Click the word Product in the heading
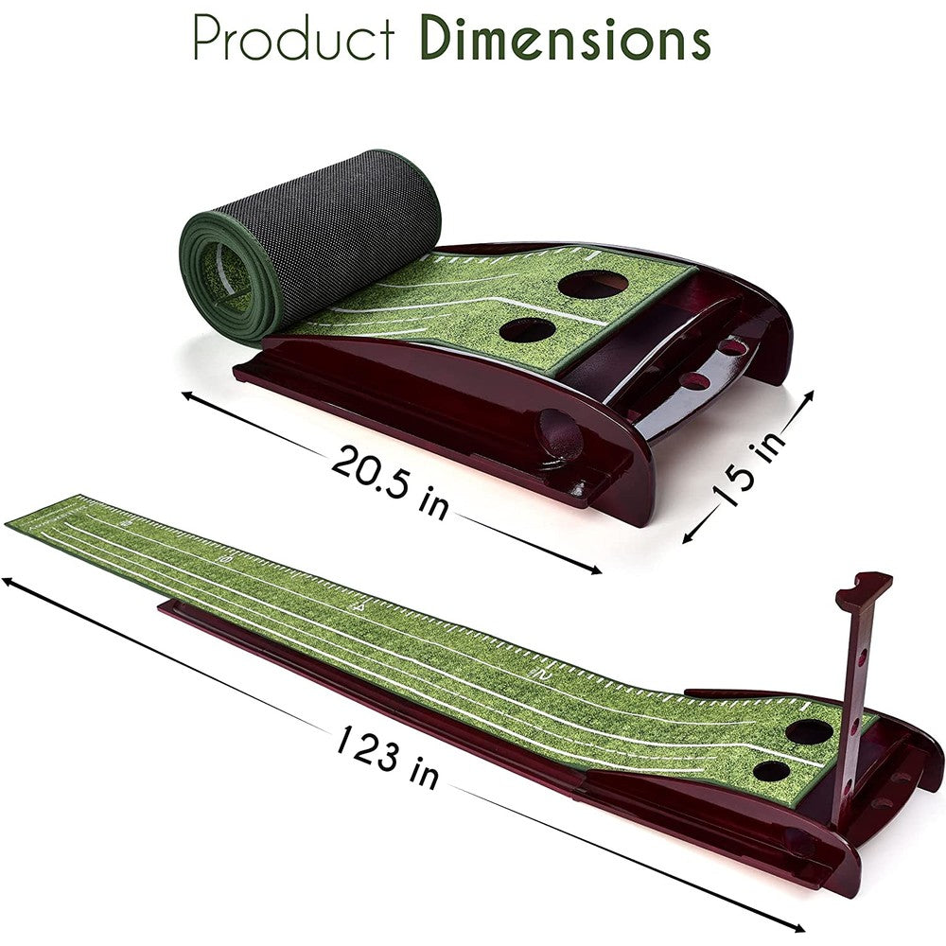294,38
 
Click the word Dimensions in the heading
565,38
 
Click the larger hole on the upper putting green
593,284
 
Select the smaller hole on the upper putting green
527,330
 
